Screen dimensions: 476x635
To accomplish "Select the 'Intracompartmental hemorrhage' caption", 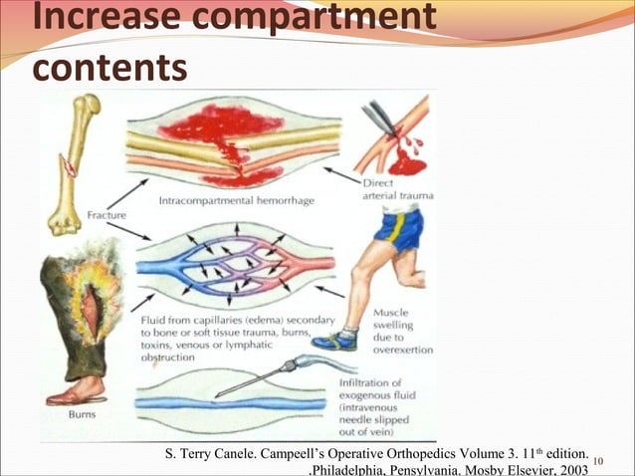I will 237,201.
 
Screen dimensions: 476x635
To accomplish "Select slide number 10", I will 598,460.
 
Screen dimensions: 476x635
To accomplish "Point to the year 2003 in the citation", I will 568,469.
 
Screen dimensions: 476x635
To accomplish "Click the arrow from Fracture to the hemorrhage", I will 128,192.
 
